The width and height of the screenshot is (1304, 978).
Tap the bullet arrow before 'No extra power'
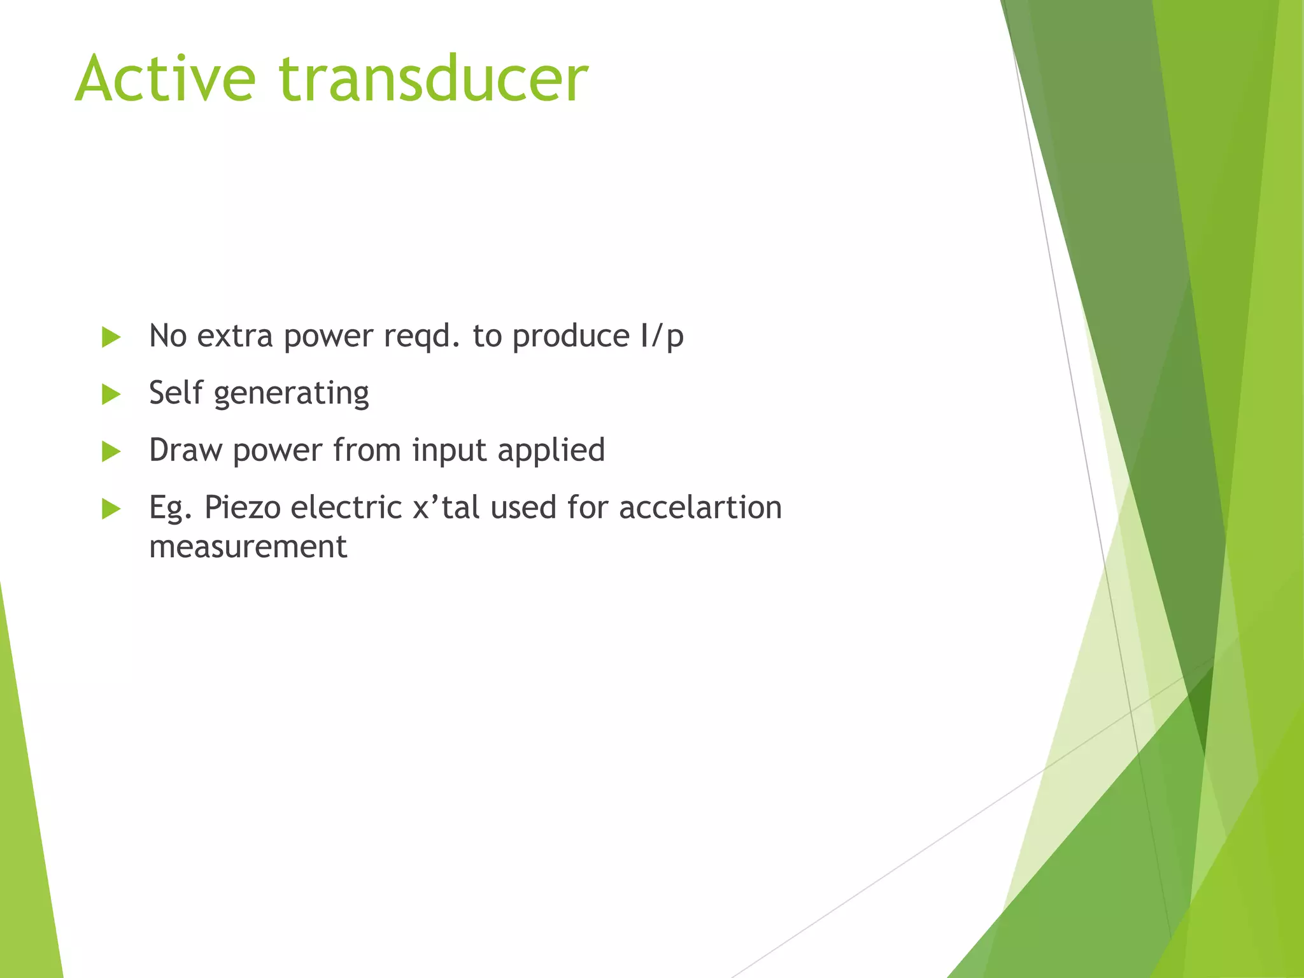click(x=111, y=337)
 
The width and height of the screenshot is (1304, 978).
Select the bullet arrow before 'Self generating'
click(x=111, y=395)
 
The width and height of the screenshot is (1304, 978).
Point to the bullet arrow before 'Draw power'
click(x=111, y=452)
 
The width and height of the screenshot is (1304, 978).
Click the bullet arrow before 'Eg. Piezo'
click(x=111, y=509)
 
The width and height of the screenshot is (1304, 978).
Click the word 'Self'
click(x=176, y=393)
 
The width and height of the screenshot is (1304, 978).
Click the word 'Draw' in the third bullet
click(x=185, y=450)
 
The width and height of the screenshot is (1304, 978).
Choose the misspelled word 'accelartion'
click(x=700, y=508)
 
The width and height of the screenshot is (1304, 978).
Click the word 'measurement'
click(x=248, y=547)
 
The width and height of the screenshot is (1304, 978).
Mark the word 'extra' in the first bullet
click(x=235, y=336)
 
